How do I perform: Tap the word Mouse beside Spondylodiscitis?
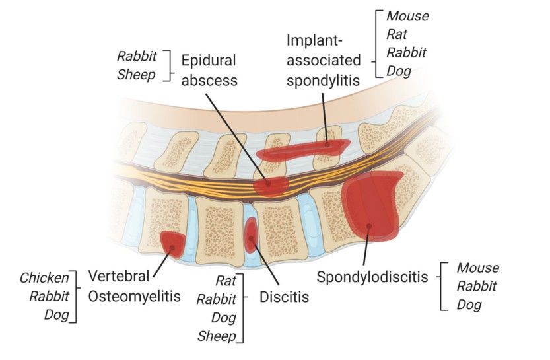point(479,268)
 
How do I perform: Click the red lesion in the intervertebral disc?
point(251,236)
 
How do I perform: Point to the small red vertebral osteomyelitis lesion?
point(172,243)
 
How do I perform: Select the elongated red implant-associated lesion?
point(302,149)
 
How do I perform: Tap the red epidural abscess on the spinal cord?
point(271,184)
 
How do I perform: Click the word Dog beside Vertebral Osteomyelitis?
point(57,314)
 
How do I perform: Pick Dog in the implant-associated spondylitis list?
point(398,70)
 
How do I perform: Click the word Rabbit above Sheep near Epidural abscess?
point(137,56)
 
